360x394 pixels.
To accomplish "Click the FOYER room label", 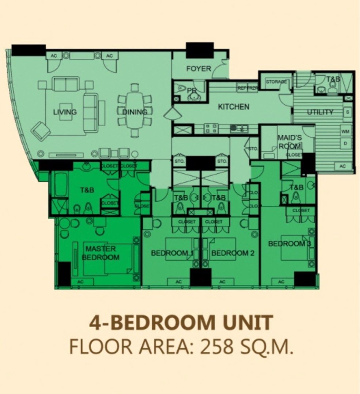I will tap(199, 69).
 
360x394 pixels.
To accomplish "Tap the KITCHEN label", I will tap(234, 107).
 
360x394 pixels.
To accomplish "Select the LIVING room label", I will tap(65, 112).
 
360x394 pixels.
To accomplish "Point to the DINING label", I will tap(135, 112).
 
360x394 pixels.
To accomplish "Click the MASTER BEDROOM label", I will tap(101, 253).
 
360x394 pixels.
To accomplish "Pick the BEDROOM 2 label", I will tap(233, 253).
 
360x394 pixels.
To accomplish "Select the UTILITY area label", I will tap(320, 112).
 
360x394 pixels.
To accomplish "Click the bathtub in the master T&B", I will tap(61, 184).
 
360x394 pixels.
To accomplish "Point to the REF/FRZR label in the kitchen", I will tap(247, 88).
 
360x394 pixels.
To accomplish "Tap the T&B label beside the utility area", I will tap(333, 79).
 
